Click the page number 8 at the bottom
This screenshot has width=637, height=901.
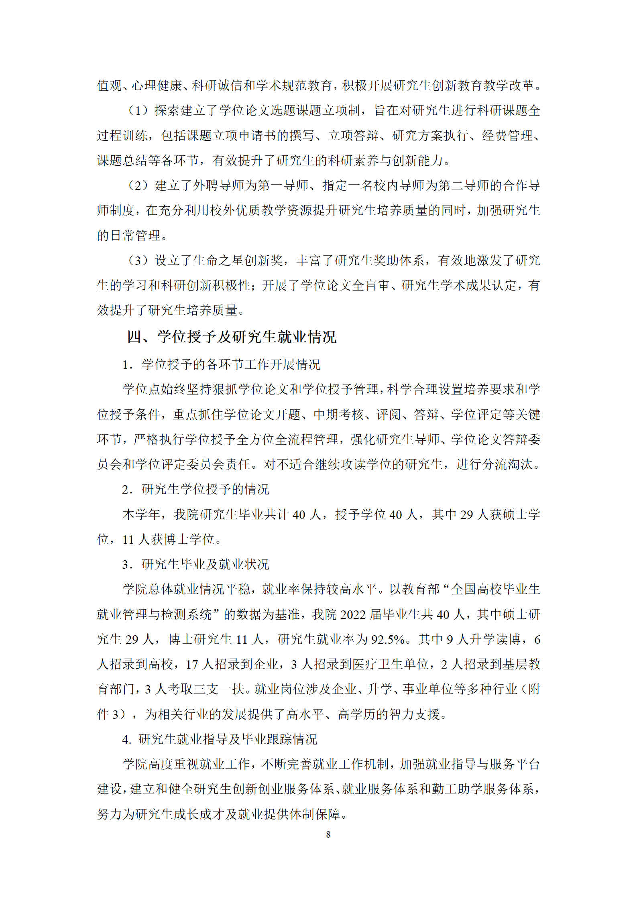(x=328, y=834)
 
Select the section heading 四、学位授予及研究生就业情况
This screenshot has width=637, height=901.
(x=232, y=337)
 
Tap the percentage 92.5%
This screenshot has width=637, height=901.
(x=387, y=639)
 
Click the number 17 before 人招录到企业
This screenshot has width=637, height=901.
(x=192, y=664)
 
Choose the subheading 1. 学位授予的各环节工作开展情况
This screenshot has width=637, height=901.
(x=221, y=364)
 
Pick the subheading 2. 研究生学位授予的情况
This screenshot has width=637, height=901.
(x=195, y=489)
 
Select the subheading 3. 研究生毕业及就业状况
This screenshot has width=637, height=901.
(x=195, y=564)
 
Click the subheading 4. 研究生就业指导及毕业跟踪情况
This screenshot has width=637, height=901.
(x=220, y=739)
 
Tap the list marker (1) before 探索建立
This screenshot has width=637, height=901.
(x=138, y=110)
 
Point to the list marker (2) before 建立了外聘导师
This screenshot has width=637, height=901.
(x=138, y=185)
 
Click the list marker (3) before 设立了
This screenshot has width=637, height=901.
(x=138, y=260)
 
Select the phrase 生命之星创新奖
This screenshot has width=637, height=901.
(x=238, y=260)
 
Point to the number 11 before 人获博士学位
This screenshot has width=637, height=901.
(x=128, y=539)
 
